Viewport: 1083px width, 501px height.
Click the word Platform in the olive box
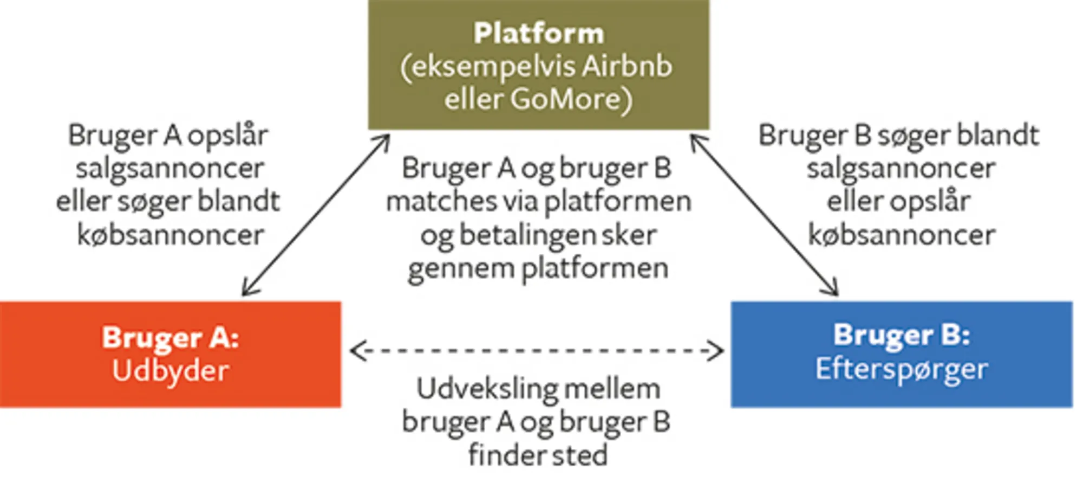538,34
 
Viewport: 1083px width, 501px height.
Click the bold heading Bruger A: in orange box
170,337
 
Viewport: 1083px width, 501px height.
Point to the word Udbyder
170,371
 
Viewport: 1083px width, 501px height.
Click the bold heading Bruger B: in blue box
901,335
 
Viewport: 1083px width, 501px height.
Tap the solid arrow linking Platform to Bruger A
316,215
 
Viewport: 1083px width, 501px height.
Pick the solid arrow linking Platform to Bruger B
764,215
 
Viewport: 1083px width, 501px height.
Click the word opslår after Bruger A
227,136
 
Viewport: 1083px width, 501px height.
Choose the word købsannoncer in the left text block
170,235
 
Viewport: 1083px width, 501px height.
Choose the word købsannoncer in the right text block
901,235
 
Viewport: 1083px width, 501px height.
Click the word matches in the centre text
441,202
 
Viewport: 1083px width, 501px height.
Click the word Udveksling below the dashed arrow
479,389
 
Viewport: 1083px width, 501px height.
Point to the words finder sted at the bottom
537,455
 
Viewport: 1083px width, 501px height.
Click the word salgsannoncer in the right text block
901,169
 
